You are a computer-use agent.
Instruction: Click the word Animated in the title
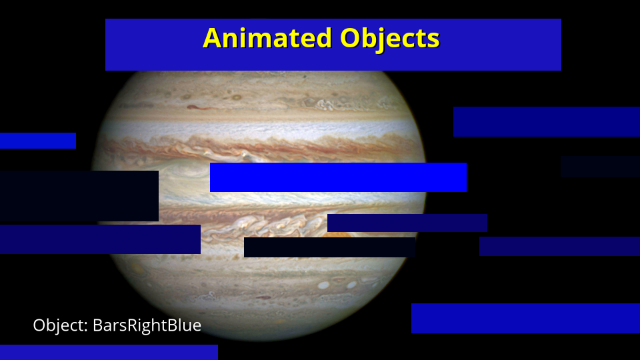(x=267, y=38)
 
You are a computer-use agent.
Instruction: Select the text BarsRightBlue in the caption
(x=147, y=325)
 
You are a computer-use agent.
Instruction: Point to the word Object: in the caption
(x=61, y=326)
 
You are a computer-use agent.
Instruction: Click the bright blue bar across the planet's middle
(x=338, y=177)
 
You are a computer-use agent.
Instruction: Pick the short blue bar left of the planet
(x=38, y=141)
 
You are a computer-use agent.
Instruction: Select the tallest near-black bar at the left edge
(x=79, y=196)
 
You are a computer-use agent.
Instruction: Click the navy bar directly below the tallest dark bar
(x=100, y=239)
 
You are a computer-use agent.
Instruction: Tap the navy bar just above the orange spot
(x=407, y=223)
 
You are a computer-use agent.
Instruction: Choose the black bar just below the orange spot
(x=329, y=247)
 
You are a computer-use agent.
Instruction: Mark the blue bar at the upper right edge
(x=547, y=121)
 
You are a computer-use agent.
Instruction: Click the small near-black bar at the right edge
(x=601, y=167)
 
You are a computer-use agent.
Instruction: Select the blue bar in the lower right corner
(x=525, y=319)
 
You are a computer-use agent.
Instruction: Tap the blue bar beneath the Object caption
(x=109, y=352)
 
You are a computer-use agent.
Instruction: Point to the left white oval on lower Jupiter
(x=324, y=285)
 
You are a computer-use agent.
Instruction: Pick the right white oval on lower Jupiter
(x=351, y=285)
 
